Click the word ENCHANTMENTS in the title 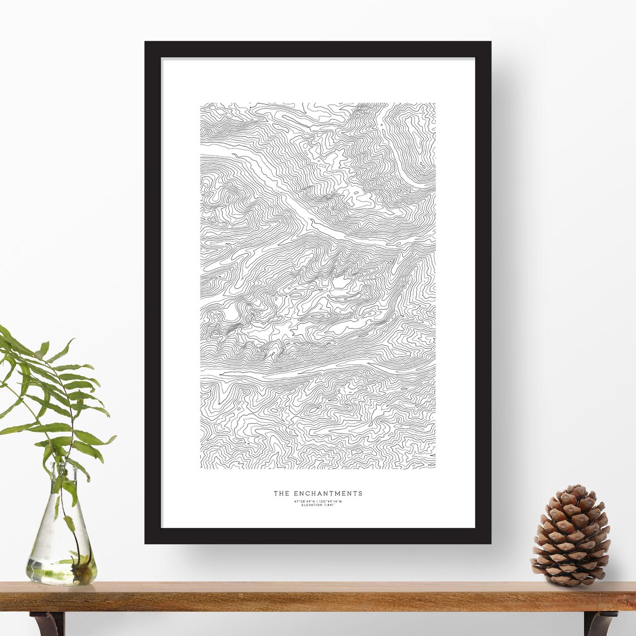pyautogui.click(x=327, y=493)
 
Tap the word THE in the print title pyautogui.click(x=281, y=493)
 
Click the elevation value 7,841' pyautogui.click(x=330, y=505)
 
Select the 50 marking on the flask pyautogui.click(x=47, y=557)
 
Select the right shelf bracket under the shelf pyautogui.click(x=599, y=623)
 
